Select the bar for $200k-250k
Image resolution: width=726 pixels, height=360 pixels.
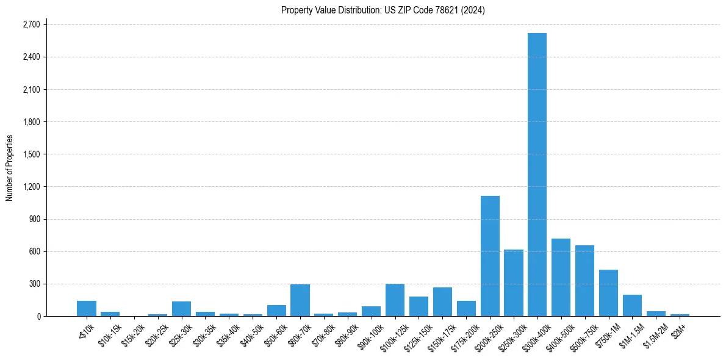tap(490, 256)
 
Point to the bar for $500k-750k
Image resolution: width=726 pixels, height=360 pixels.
tap(584, 281)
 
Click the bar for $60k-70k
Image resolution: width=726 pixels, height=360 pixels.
tap(300, 300)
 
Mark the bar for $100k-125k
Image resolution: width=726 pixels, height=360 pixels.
tap(395, 300)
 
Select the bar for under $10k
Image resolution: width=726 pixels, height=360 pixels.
tap(87, 309)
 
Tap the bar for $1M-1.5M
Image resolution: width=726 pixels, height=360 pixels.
tap(632, 306)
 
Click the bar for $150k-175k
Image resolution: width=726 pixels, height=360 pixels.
tap(442, 302)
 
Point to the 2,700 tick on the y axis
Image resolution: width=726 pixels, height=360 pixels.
tap(31, 25)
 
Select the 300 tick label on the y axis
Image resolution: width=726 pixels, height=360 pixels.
tap(34, 284)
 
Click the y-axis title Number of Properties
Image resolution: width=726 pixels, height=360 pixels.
tap(9, 168)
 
